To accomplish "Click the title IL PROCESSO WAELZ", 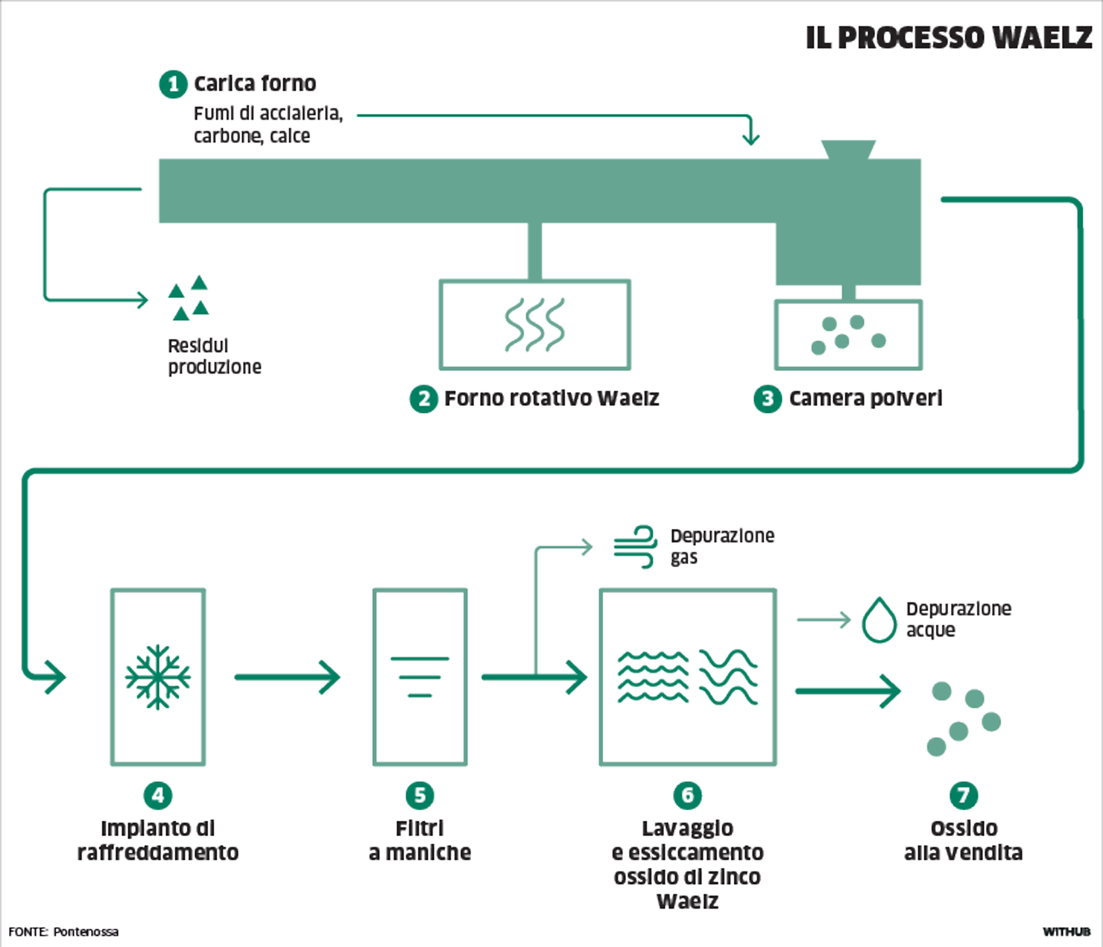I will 948,38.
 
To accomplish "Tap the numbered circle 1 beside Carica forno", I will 172,84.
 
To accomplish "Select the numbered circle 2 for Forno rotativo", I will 423,398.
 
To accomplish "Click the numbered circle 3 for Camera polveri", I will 768,398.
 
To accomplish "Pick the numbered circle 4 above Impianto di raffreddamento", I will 158,795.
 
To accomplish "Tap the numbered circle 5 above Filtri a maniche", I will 420,795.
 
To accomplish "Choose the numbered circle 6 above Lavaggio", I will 687,795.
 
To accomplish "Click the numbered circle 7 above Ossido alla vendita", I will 963,795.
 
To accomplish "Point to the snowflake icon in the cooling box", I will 158,677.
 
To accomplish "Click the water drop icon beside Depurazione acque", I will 879,621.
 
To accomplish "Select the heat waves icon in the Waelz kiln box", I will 535,325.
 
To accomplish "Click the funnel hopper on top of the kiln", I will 848,149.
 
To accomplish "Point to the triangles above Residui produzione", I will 188,297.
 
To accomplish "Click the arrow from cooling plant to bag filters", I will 287,677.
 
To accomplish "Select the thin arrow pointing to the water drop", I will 824,619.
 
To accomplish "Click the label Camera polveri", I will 865,398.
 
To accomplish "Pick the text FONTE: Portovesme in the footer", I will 63,931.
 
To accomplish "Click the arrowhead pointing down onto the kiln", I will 750,138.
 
